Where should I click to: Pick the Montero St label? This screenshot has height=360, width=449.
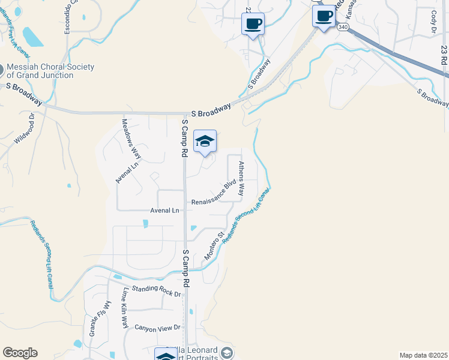coord(214,247)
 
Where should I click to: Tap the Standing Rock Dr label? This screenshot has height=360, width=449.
coord(152,291)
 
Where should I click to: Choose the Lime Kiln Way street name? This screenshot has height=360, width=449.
coord(125,308)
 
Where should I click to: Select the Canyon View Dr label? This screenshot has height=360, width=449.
coord(157,328)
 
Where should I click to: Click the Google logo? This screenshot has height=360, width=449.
coord(20,353)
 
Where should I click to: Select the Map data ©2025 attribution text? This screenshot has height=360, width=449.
coord(423,355)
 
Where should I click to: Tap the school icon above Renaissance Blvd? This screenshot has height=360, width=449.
coord(205,142)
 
